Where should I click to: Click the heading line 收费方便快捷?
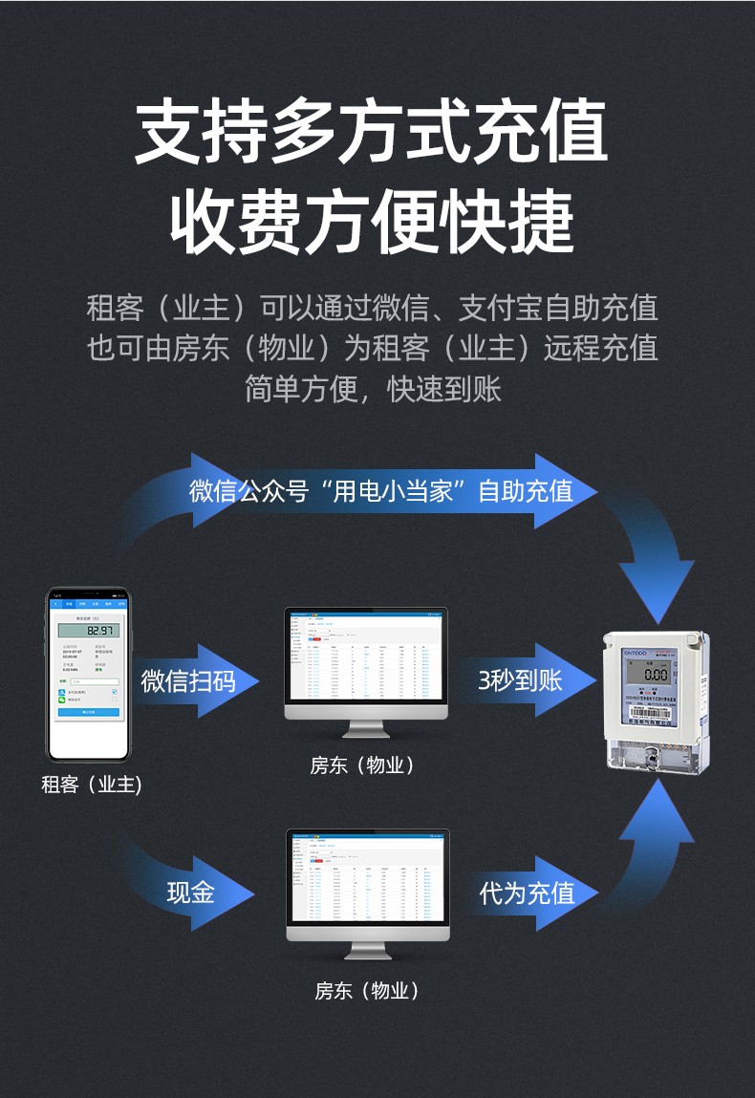point(372,222)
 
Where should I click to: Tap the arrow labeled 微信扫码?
point(187,680)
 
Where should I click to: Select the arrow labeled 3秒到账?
point(521,680)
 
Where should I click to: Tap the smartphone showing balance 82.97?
point(89,673)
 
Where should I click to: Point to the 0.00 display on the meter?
point(656,674)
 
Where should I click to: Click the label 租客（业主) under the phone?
point(91,785)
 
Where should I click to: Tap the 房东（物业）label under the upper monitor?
point(363,765)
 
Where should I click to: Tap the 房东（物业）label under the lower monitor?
point(368,991)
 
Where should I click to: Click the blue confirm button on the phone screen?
point(89,712)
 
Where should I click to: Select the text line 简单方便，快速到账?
point(373,389)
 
